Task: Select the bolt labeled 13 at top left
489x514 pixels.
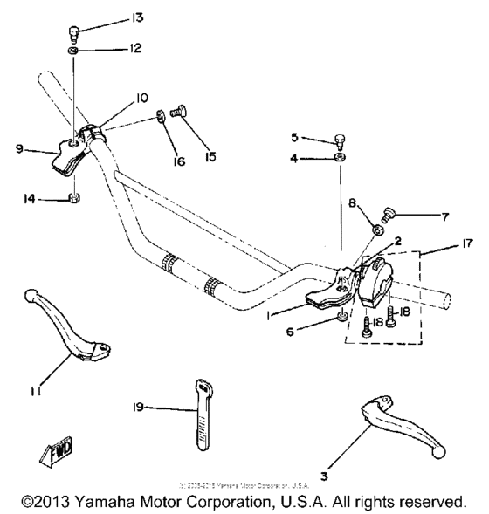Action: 74,34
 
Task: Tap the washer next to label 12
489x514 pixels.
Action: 74,53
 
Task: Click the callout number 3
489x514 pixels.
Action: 324,476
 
